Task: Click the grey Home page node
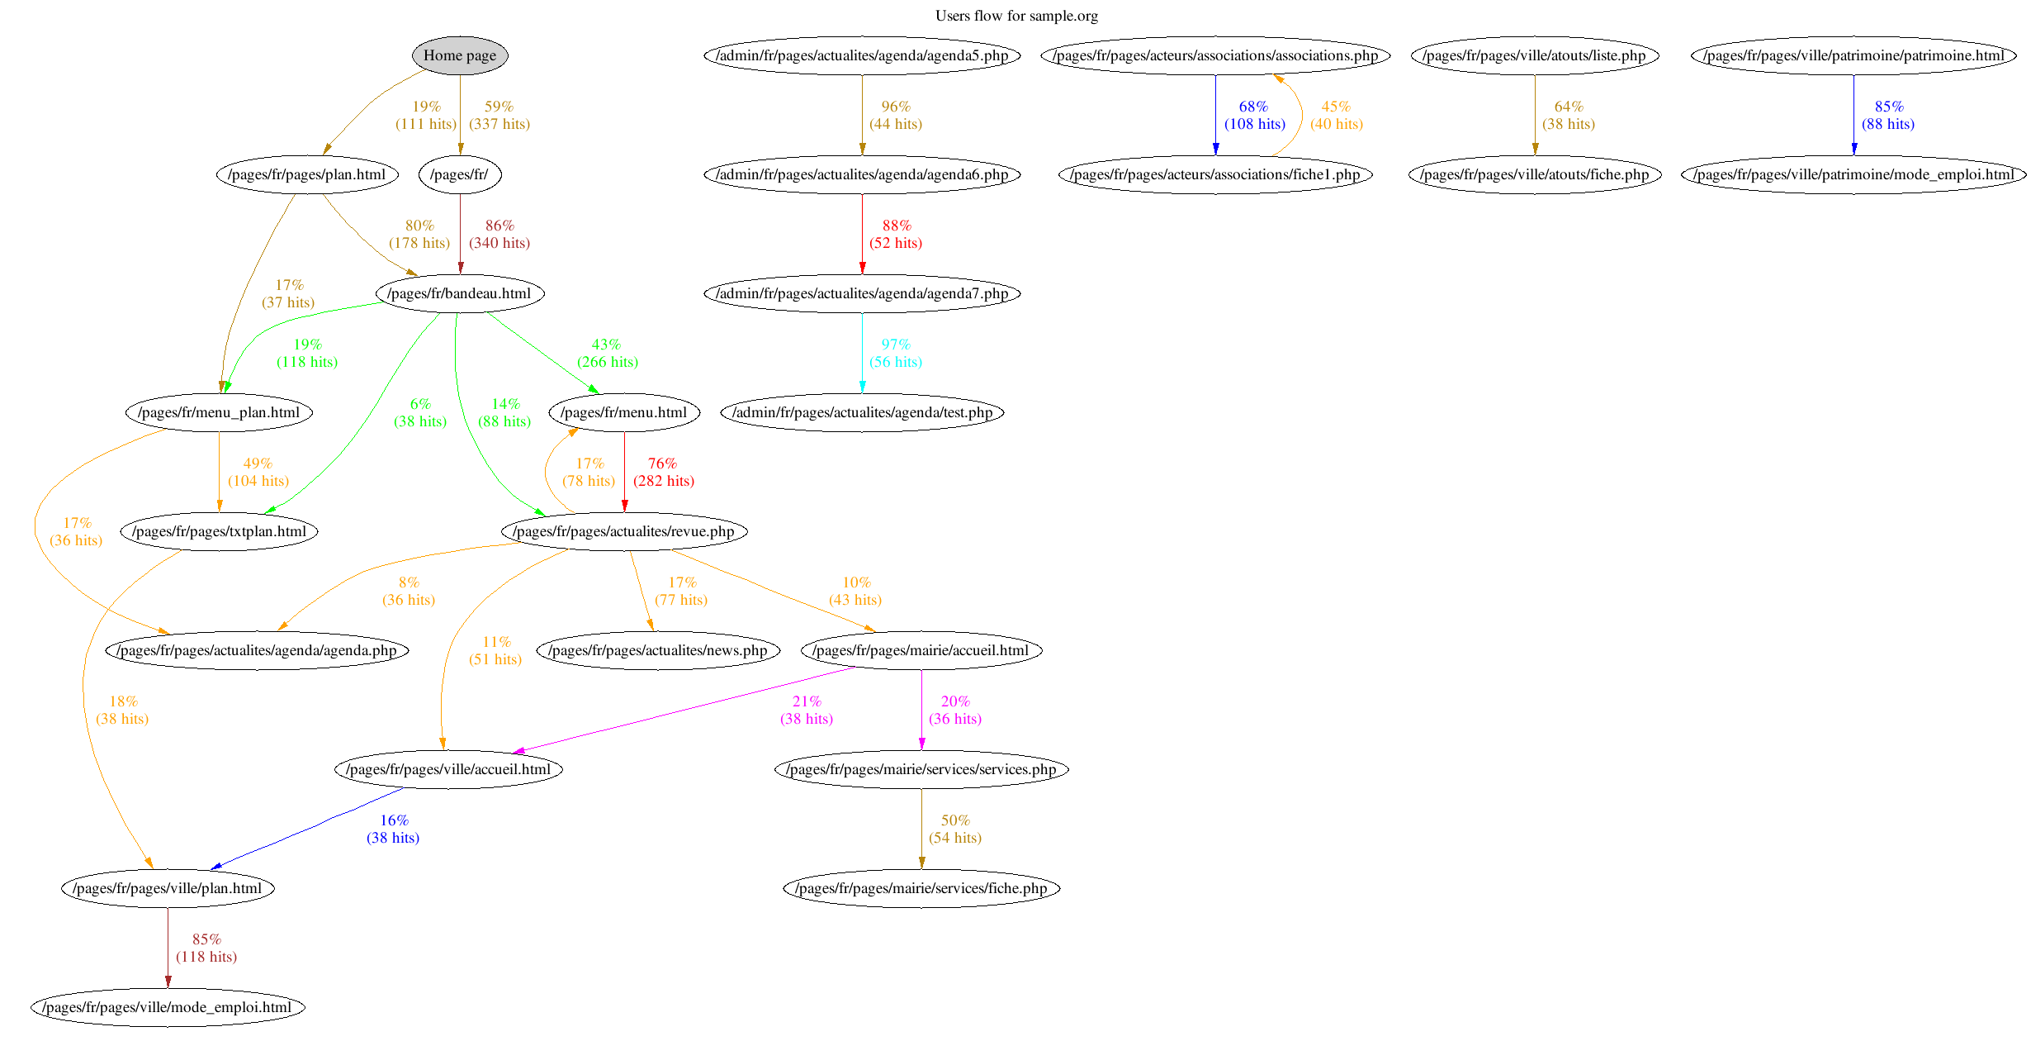tap(460, 55)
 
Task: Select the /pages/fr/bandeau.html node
tap(460, 293)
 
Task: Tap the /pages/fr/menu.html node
tap(624, 412)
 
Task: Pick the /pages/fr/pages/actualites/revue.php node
tap(624, 531)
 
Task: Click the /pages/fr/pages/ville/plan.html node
tap(168, 888)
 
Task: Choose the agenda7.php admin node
tap(862, 293)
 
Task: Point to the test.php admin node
tap(862, 412)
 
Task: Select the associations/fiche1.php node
tap(1215, 174)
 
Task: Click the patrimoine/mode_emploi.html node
tap(1853, 174)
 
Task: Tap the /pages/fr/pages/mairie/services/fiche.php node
tap(921, 888)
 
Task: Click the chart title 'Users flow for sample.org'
tap(1016, 16)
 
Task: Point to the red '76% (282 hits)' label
tap(663, 472)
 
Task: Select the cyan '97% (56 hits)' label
tap(896, 353)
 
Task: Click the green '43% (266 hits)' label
tap(607, 353)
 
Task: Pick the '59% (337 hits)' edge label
tap(499, 115)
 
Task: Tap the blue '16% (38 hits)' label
tap(393, 829)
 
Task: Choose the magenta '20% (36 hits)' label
tap(955, 710)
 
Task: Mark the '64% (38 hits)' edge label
tap(1569, 115)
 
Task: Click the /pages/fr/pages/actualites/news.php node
tap(659, 650)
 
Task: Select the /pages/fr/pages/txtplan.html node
tap(219, 531)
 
